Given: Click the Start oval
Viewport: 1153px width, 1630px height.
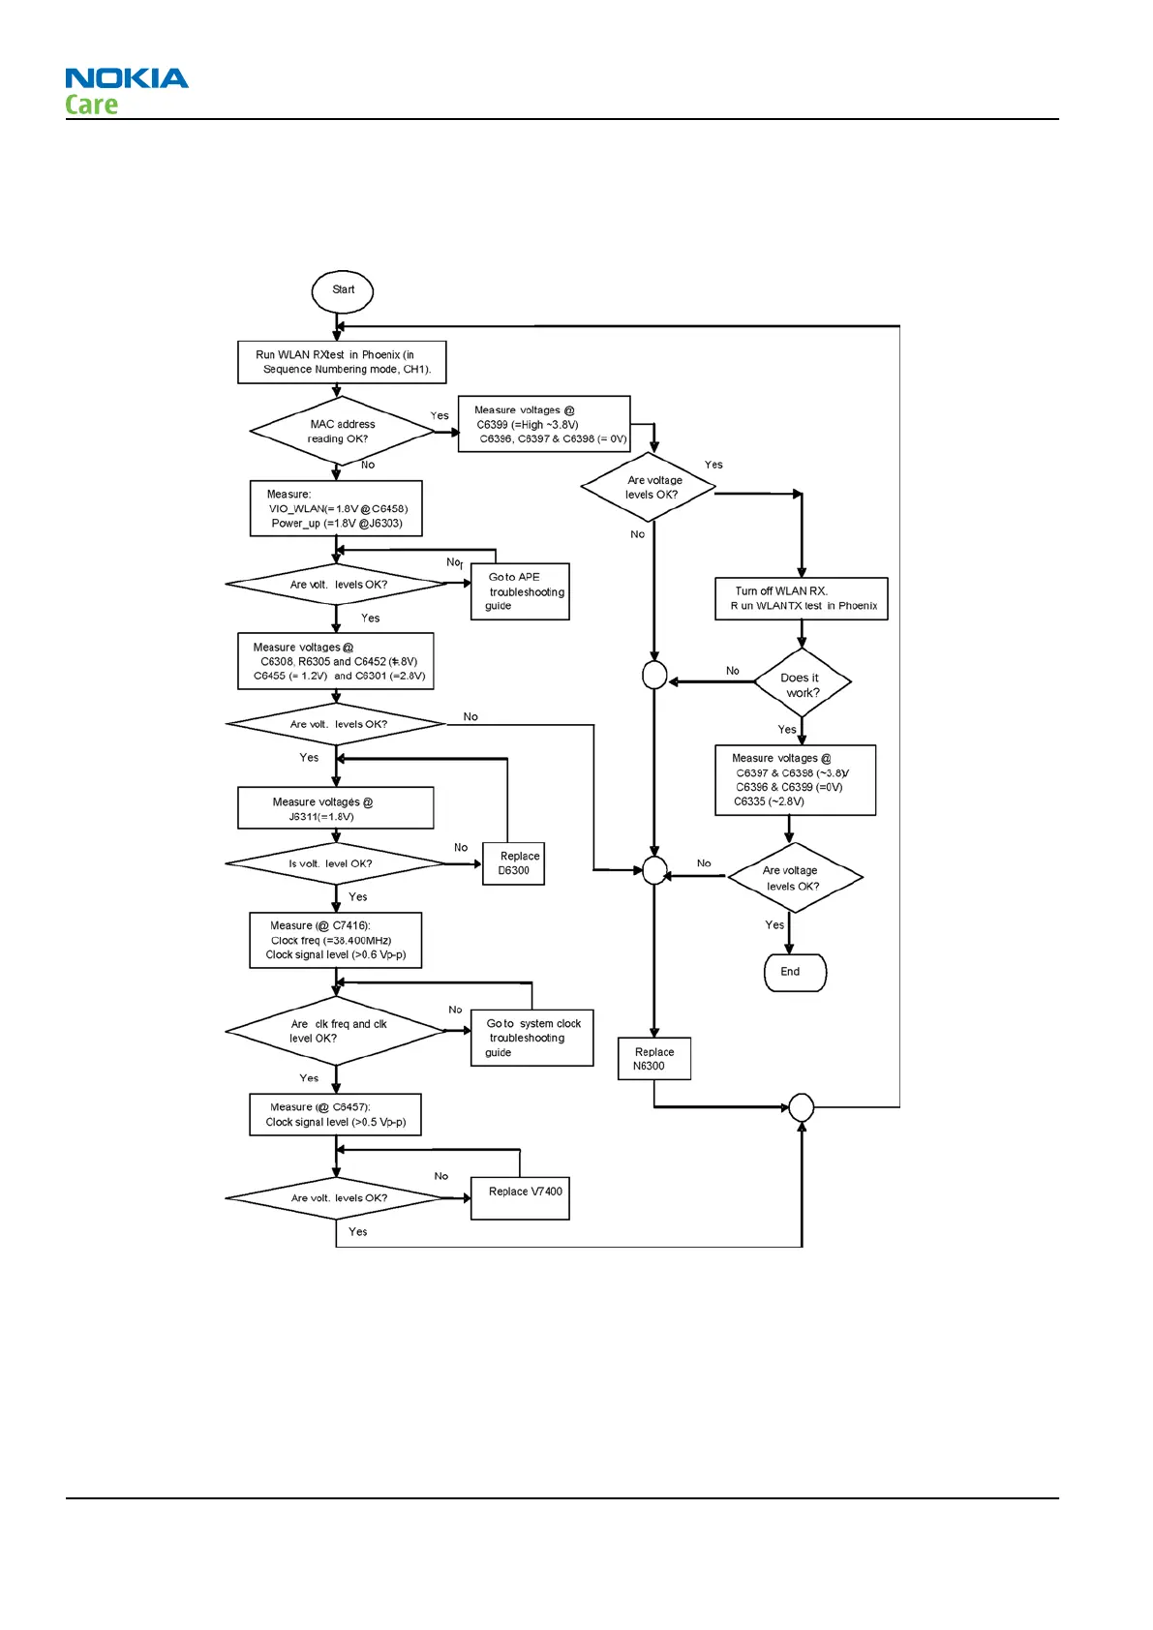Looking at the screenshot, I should click(x=343, y=291).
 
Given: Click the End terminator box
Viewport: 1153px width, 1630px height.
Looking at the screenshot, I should click(x=795, y=973).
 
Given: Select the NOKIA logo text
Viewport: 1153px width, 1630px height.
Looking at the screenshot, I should click(x=127, y=78).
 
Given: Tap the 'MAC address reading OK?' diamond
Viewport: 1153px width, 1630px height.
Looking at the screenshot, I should click(x=341, y=432).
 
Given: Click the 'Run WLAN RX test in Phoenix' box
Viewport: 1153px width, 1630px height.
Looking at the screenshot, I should click(x=342, y=362).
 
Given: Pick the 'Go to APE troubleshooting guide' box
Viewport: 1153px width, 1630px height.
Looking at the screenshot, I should click(x=520, y=591).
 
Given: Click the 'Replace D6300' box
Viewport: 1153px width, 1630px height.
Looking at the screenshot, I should click(x=513, y=863).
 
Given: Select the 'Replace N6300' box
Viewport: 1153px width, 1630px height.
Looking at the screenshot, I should click(x=654, y=1059).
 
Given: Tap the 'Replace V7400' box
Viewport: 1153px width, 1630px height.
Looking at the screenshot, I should click(x=520, y=1197).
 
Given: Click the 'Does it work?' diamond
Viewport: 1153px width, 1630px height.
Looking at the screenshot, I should click(x=802, y=684).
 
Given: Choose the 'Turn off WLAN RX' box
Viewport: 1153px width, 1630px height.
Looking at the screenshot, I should click(x=801, y=598).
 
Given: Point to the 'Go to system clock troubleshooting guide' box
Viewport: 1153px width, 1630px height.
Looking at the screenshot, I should click(x=531, y=1038).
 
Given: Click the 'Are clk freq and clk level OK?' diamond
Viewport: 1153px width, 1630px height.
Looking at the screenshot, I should click(x=336, y=1031).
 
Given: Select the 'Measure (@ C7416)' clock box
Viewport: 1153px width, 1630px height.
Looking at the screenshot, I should click(x=335, y=940).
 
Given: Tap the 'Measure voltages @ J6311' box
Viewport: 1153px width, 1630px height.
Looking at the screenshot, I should click(x=335, y=808).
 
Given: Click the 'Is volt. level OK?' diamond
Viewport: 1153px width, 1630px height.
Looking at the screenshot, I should click(x=334, y=863).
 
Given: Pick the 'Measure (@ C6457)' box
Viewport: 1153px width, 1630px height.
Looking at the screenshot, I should click(x=335, y=1114).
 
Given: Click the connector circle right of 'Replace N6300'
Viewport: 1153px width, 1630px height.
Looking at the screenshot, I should click(x=802, y=1106).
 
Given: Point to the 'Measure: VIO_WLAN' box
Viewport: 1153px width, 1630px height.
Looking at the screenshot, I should click(x=336, y=508).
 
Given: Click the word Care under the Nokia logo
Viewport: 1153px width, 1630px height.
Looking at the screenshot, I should click(x=92, y=105).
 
